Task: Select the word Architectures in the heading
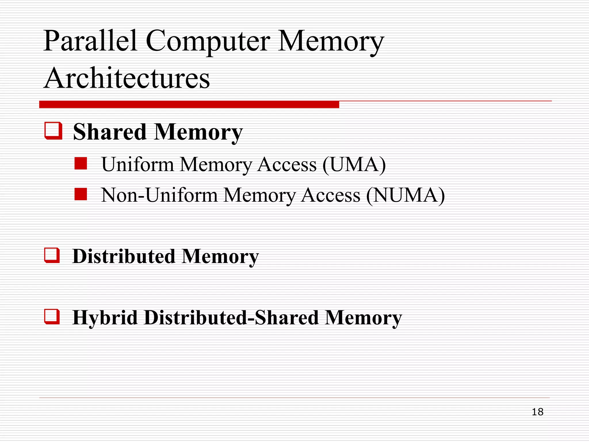(127, 78)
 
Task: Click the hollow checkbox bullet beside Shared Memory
(53, 131)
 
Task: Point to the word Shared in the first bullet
(110, 132)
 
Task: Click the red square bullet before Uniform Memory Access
(81, 163)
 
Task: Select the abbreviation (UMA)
(354, 165)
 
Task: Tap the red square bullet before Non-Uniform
(81, 194)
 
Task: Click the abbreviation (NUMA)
(406, 195)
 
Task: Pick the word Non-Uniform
(159, 195)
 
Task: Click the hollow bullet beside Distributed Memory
(52, 256)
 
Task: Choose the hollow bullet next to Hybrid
(52, 317)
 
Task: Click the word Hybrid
(105, 318)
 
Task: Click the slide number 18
(538, 412)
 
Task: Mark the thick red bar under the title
(189, 104)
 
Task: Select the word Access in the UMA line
(287, 165)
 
